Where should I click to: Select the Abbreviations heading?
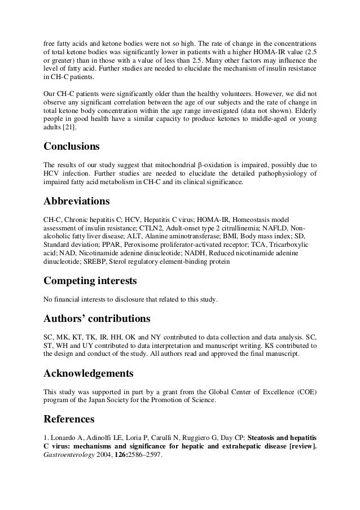point(76,202)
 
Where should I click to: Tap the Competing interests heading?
point(90,281)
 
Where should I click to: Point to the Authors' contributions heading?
point(96,319)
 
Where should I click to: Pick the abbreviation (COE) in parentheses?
point(305,391)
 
